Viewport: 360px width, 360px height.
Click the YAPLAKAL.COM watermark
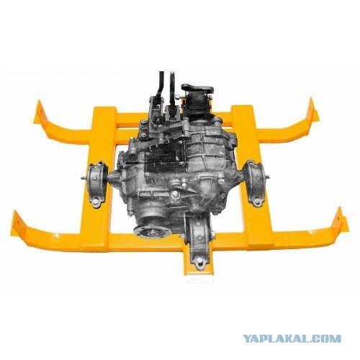pos(292,338)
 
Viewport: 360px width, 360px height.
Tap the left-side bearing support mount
pos(96,184)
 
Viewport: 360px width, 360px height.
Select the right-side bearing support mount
pos(255,183)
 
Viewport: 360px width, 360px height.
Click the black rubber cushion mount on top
pos(197,98)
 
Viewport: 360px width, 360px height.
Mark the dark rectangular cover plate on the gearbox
pos(166,157)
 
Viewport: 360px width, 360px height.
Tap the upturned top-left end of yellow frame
pos(40,113)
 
